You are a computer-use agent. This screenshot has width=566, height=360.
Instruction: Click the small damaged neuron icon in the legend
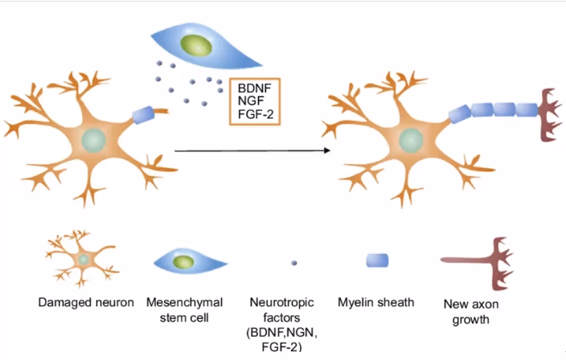point(82,259)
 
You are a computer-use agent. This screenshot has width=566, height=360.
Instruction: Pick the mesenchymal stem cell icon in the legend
point(186,261)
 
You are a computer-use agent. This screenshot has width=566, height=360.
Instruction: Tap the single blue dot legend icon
point(293,263)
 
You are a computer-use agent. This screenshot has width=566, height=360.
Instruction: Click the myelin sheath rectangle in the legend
point(377,260)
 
